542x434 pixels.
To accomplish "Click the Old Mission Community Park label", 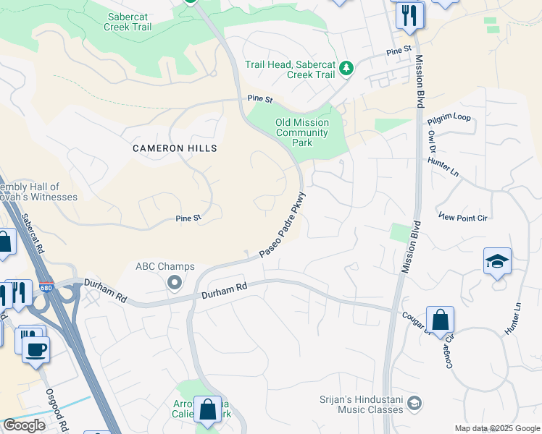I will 302,132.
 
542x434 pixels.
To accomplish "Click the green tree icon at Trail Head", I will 347,68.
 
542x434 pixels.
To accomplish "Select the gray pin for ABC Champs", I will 174,283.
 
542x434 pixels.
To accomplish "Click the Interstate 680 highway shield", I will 45,286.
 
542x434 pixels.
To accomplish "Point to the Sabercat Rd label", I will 33,231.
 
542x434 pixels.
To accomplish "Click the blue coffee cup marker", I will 35,350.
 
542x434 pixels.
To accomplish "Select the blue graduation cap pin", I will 497,262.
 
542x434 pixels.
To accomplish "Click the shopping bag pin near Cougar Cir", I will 439,320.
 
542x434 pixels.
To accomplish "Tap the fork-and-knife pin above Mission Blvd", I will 409,14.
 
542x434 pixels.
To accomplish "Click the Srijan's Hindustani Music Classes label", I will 361,404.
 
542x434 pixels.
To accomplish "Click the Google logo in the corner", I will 24,425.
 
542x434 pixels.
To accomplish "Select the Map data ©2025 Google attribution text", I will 497,428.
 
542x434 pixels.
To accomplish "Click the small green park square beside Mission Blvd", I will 399,233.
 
